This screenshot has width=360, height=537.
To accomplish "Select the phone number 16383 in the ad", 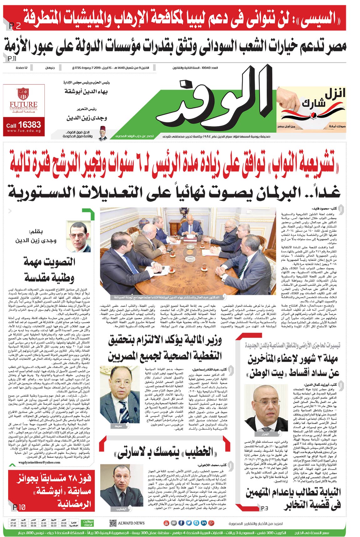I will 29,125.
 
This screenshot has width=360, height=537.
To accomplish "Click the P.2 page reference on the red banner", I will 15,26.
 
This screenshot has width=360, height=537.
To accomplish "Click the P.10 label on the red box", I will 19,507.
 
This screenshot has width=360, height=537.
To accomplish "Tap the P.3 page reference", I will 265,508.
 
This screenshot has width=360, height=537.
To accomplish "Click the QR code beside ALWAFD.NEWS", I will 113,523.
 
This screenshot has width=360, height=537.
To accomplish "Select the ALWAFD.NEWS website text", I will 131,523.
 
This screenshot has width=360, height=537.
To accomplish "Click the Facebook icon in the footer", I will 181,523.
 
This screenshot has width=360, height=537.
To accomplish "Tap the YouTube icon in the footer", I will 166,523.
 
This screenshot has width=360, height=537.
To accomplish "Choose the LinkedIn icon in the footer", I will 203,523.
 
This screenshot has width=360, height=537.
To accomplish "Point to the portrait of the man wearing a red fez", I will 102,133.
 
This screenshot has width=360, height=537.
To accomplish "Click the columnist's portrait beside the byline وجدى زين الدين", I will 79,236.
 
